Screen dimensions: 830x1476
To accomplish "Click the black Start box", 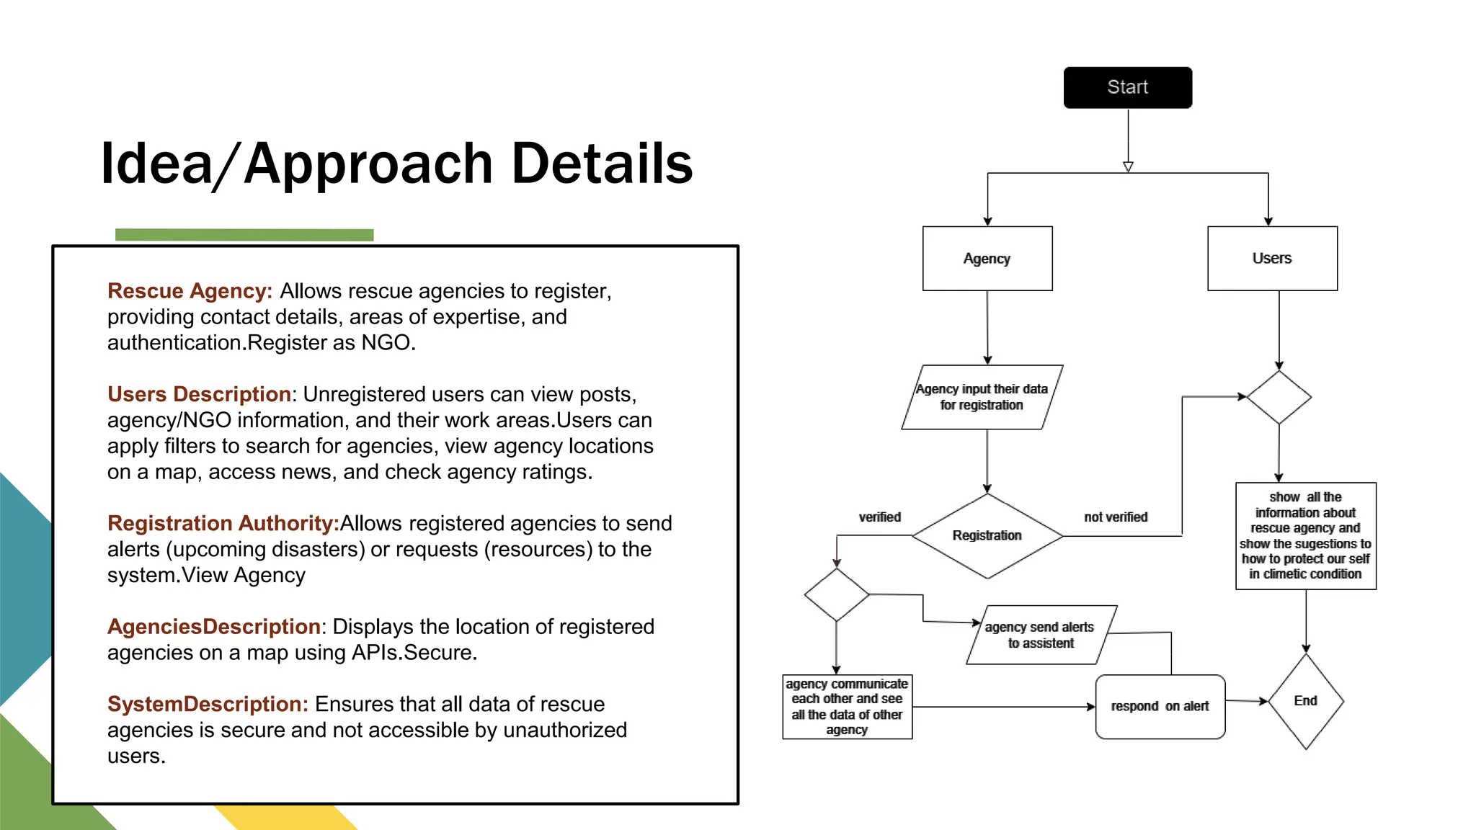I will pyautogui.click(x=1127, y=87).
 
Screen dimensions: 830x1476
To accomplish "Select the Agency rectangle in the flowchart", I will pyautogui.click(x=987, y=259).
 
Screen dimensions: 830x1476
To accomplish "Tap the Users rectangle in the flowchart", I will pyautogui.click(x=1272, y=259).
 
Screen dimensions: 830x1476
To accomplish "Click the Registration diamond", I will pyautogui.click(x=987, y=535).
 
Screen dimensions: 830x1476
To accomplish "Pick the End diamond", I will pyautogui.click(x=1305, y=701).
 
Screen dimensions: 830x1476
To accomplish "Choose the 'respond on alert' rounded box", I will pyautogui.click(x=1160, y=706).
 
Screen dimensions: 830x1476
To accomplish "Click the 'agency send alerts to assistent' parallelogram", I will pyautogui.click(x=1040, y=635).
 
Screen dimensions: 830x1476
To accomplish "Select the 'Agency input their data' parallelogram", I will pyautogui.click(x=982, y=397).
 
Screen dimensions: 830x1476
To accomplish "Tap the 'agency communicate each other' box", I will pyautogui.click(x=847, y=706).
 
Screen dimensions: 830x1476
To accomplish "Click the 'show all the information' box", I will pyautogui.click(x=1305, y=535).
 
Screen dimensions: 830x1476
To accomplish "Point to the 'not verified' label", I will pyautogui.click(x=1116, y=517).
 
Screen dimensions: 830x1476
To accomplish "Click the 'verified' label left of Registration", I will pyautogui.click(x=879, y=517).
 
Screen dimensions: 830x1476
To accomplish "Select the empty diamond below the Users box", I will pyautogui.click(x=1279, y=397).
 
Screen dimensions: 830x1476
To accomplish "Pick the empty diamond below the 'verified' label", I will pyautogui.click(x=836, y=594).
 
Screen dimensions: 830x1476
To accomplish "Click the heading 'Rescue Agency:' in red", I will pyautogui.click(x=190, y=291).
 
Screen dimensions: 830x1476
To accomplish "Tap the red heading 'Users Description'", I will pyautogui.click(x=199, y=394).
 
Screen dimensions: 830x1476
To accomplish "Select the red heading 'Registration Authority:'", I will pyautogui.click(x=223, y=523).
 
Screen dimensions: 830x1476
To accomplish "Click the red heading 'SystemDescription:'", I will pyautogui.click(x=208, y=704).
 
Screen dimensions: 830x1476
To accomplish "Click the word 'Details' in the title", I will pyautogui.click(x=602, y=164).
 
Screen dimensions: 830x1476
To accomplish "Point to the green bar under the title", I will pyautogui.click(x=244, y=235).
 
